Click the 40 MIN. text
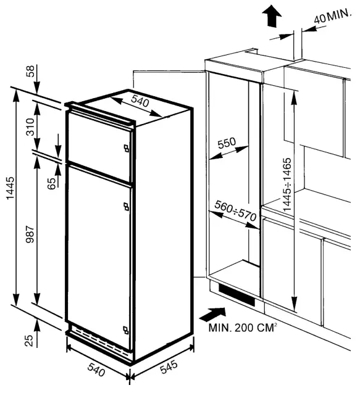pyautogui.click(x=332, y=17)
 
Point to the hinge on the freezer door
pyautogui.click(x=126, y=148)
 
